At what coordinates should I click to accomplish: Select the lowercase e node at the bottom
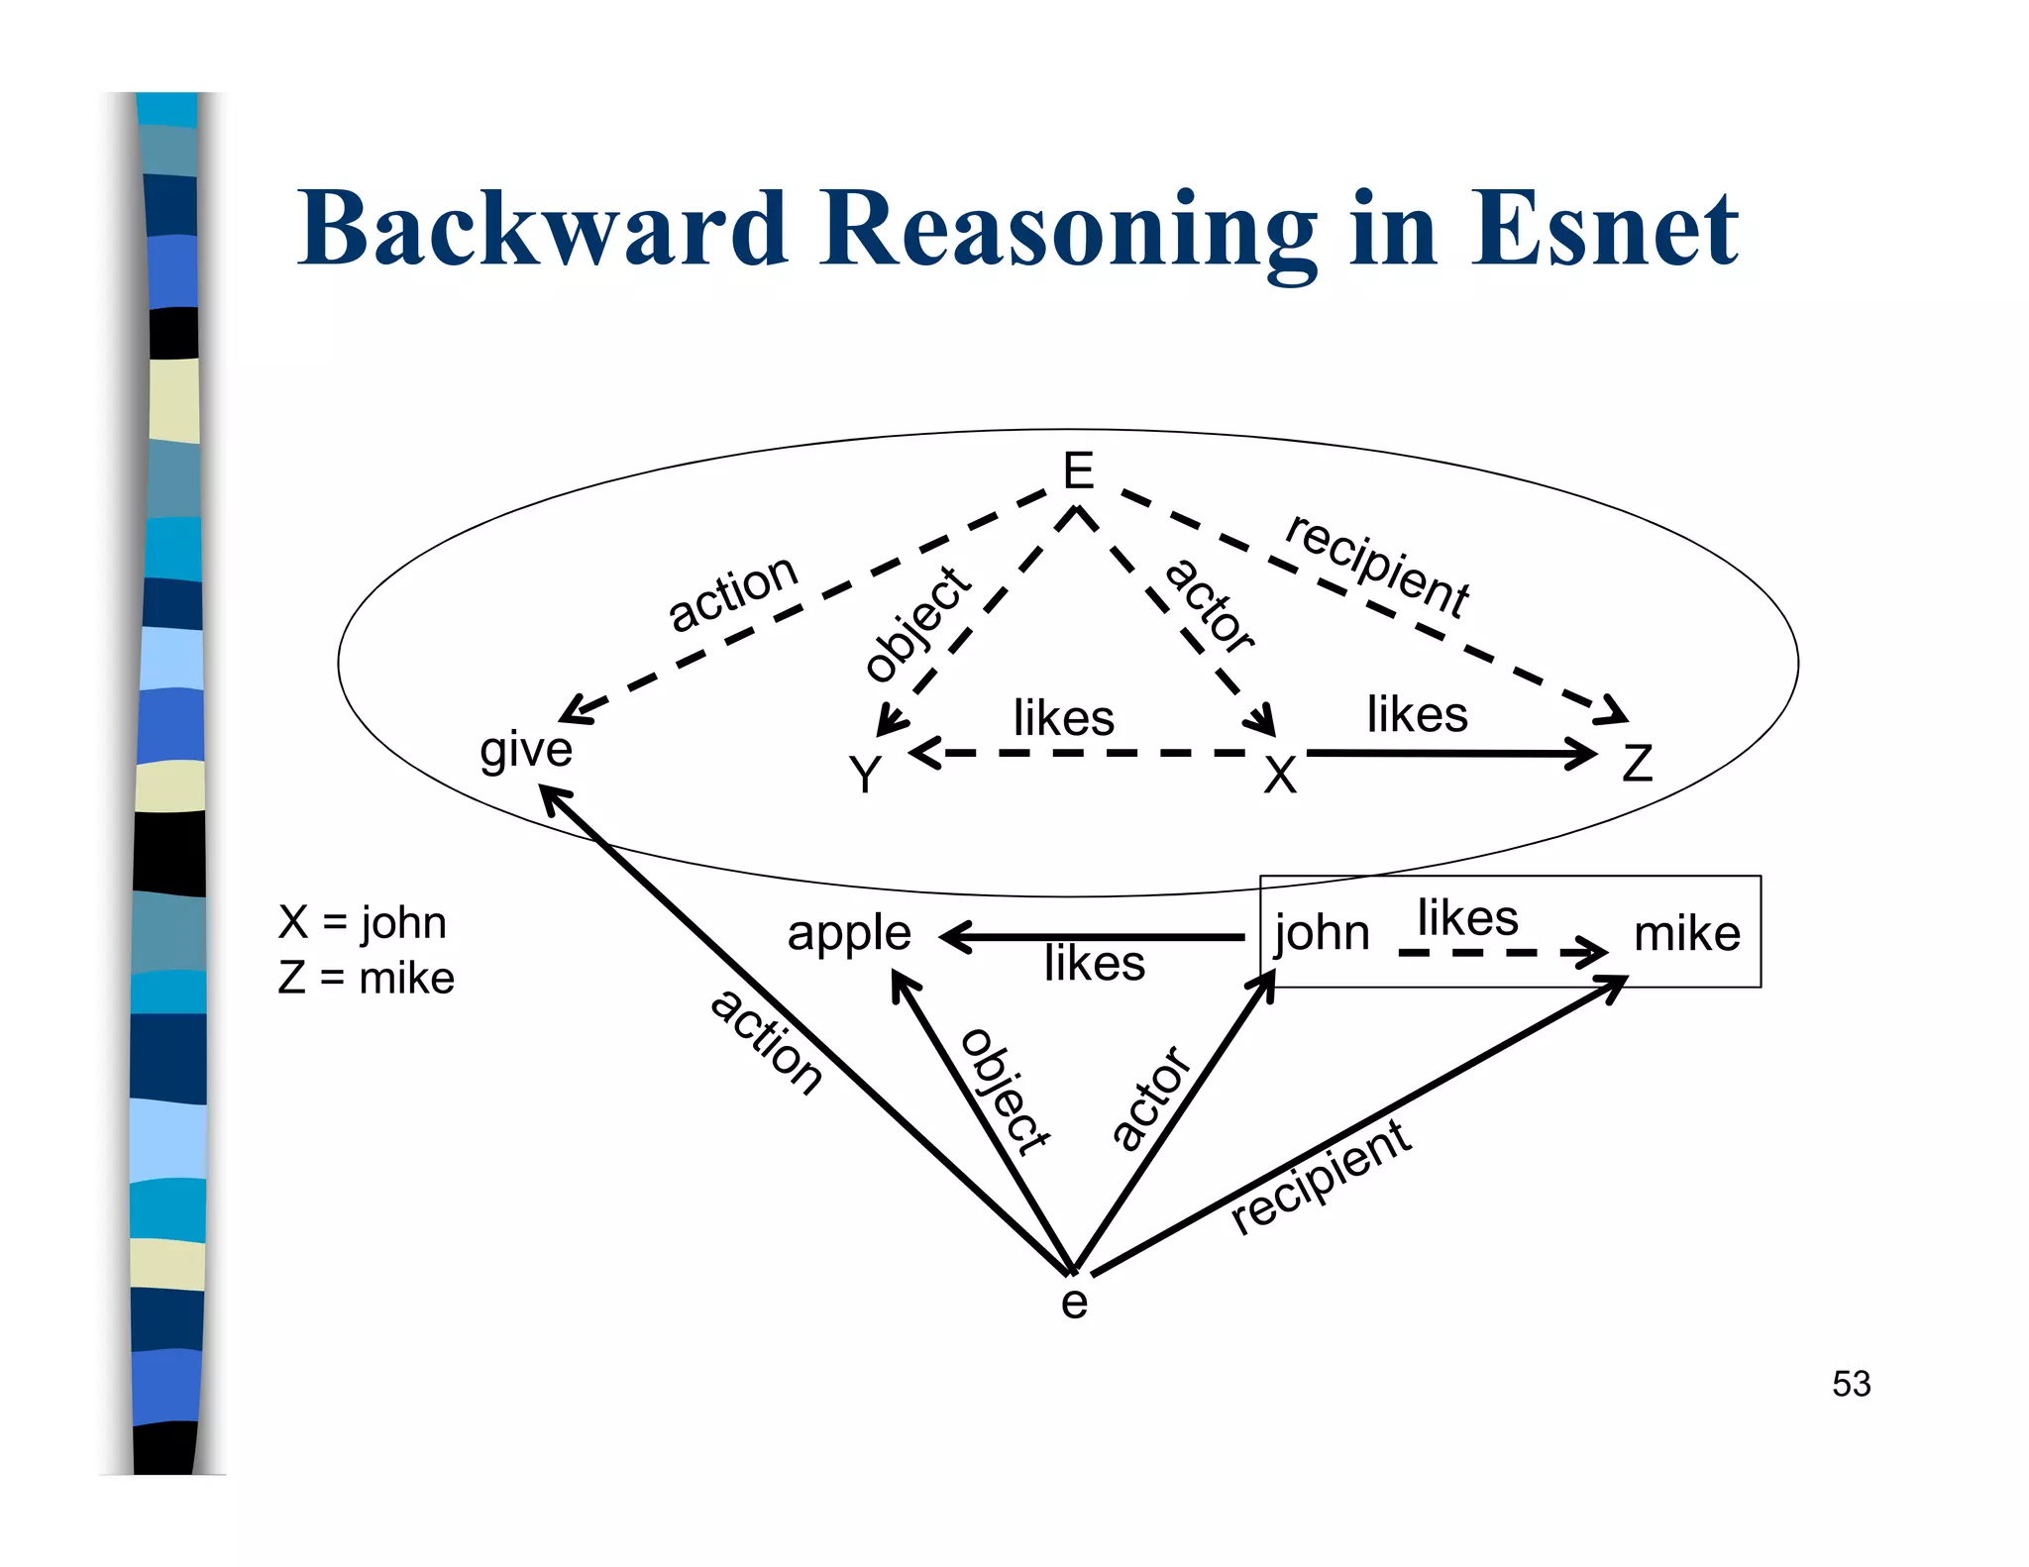pos(1074,1302)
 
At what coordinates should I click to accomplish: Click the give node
pos(526,749)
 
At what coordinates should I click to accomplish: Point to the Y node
pos(865,774)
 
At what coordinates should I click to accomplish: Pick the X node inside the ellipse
pos(1280,775)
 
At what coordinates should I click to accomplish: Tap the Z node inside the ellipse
pos(1637,764)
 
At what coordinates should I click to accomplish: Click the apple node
pos(849,933)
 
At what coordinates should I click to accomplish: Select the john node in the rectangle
pos(1322,933)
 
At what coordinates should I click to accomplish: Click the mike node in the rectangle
pos(1686,933)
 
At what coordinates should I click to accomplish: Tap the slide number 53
pos(1851,1384)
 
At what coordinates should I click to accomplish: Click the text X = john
pos(363,922)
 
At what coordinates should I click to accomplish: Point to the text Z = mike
pos(366,978)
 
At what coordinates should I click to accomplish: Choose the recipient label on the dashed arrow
pos(1377,567)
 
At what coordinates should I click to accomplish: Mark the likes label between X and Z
pos(1417,714)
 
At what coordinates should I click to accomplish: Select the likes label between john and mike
pos(1467,917)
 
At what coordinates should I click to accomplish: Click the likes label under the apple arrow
pos(1095,963)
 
